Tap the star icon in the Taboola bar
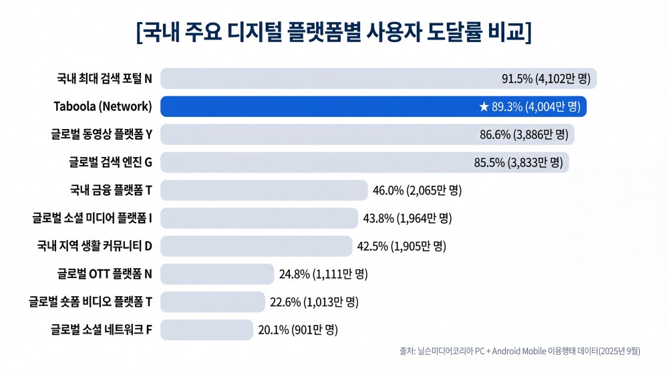tap(484, 106)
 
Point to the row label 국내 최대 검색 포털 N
tap(104, 79)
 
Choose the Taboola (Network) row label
tap(103, 106)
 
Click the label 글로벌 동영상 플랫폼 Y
tap(102, 134)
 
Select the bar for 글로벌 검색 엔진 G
tap(314, 162)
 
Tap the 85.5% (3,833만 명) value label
tap(518, 162)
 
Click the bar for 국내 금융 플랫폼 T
tap(264, 191)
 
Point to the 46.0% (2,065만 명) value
tap(417, 191)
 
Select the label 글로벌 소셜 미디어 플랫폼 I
tap(92, 218)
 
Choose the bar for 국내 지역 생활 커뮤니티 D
tap(256, 246)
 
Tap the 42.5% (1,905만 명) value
tap(401, 246)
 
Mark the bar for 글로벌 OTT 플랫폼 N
tap(217, 274)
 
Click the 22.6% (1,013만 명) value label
tap(314, 302)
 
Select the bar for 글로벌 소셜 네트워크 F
tap(206, 330)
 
